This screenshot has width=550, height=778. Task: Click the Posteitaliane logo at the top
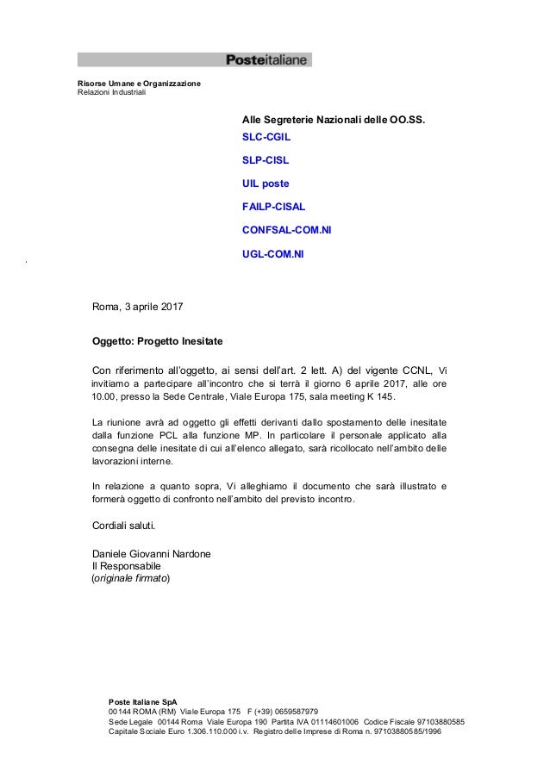point(267,59)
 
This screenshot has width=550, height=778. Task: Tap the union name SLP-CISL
point(266,160)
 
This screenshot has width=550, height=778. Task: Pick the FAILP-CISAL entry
point(275,207)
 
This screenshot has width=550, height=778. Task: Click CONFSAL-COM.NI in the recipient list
point(287,230)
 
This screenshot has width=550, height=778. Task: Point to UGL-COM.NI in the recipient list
point(273,254)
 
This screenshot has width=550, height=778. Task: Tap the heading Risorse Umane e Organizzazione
point(139,84)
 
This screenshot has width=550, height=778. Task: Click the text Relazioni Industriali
point(112,93)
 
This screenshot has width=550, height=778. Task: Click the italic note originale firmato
point(131,579)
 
